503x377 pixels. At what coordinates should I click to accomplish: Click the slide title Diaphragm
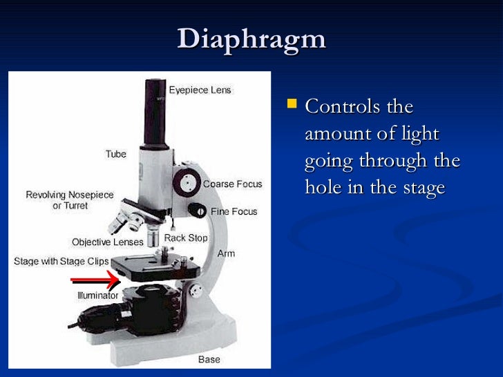click(x=251, y=39)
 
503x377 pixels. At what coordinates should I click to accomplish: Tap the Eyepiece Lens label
click(x=200, y=90)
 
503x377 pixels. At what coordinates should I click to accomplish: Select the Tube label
click(x=116, y=154)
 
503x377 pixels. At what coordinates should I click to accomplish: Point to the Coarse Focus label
click(x=233, y=184)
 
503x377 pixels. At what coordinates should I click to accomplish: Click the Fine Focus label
click(x=234, y=211)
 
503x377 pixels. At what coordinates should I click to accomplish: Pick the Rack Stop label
click(x=184, y=238)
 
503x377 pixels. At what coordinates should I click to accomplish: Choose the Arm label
click(x=226, y=253)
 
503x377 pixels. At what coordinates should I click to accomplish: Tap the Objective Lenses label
click(x=108, y=242)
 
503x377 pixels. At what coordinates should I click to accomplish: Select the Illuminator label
click(x=97, y=296)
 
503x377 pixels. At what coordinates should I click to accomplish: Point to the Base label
click(x=209, y=359)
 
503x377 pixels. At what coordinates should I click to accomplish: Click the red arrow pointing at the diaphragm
click(x=95, y=280)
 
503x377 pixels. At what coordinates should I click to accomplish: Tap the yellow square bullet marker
click(x=293, y=105)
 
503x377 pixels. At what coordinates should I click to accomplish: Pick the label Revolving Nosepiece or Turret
click(x=70, y=201)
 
